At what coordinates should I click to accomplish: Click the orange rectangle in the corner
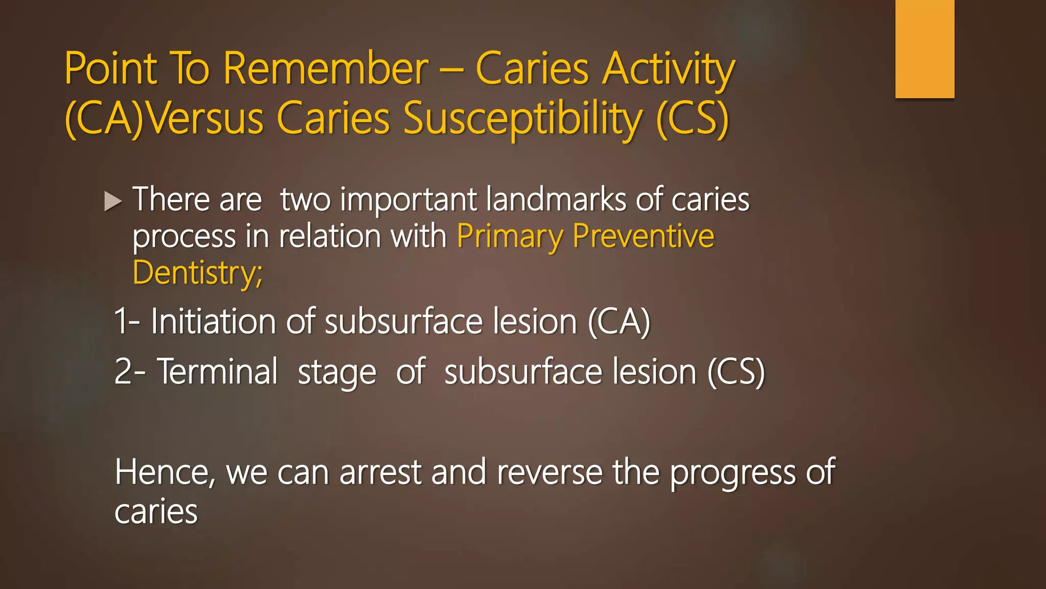(924, 49)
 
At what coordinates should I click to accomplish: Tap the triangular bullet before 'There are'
(113, 201)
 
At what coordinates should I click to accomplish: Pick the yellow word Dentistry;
(197, 273)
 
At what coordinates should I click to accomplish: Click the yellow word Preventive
(643, 236)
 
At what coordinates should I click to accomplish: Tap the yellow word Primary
(509, 236)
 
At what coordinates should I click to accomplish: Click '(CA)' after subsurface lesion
(619, 322)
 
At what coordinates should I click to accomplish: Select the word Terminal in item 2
(217, 372)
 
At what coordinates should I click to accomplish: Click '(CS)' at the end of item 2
(735, 372)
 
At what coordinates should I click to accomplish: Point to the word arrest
(380, 472)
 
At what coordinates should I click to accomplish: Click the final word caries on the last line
(156, 511)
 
